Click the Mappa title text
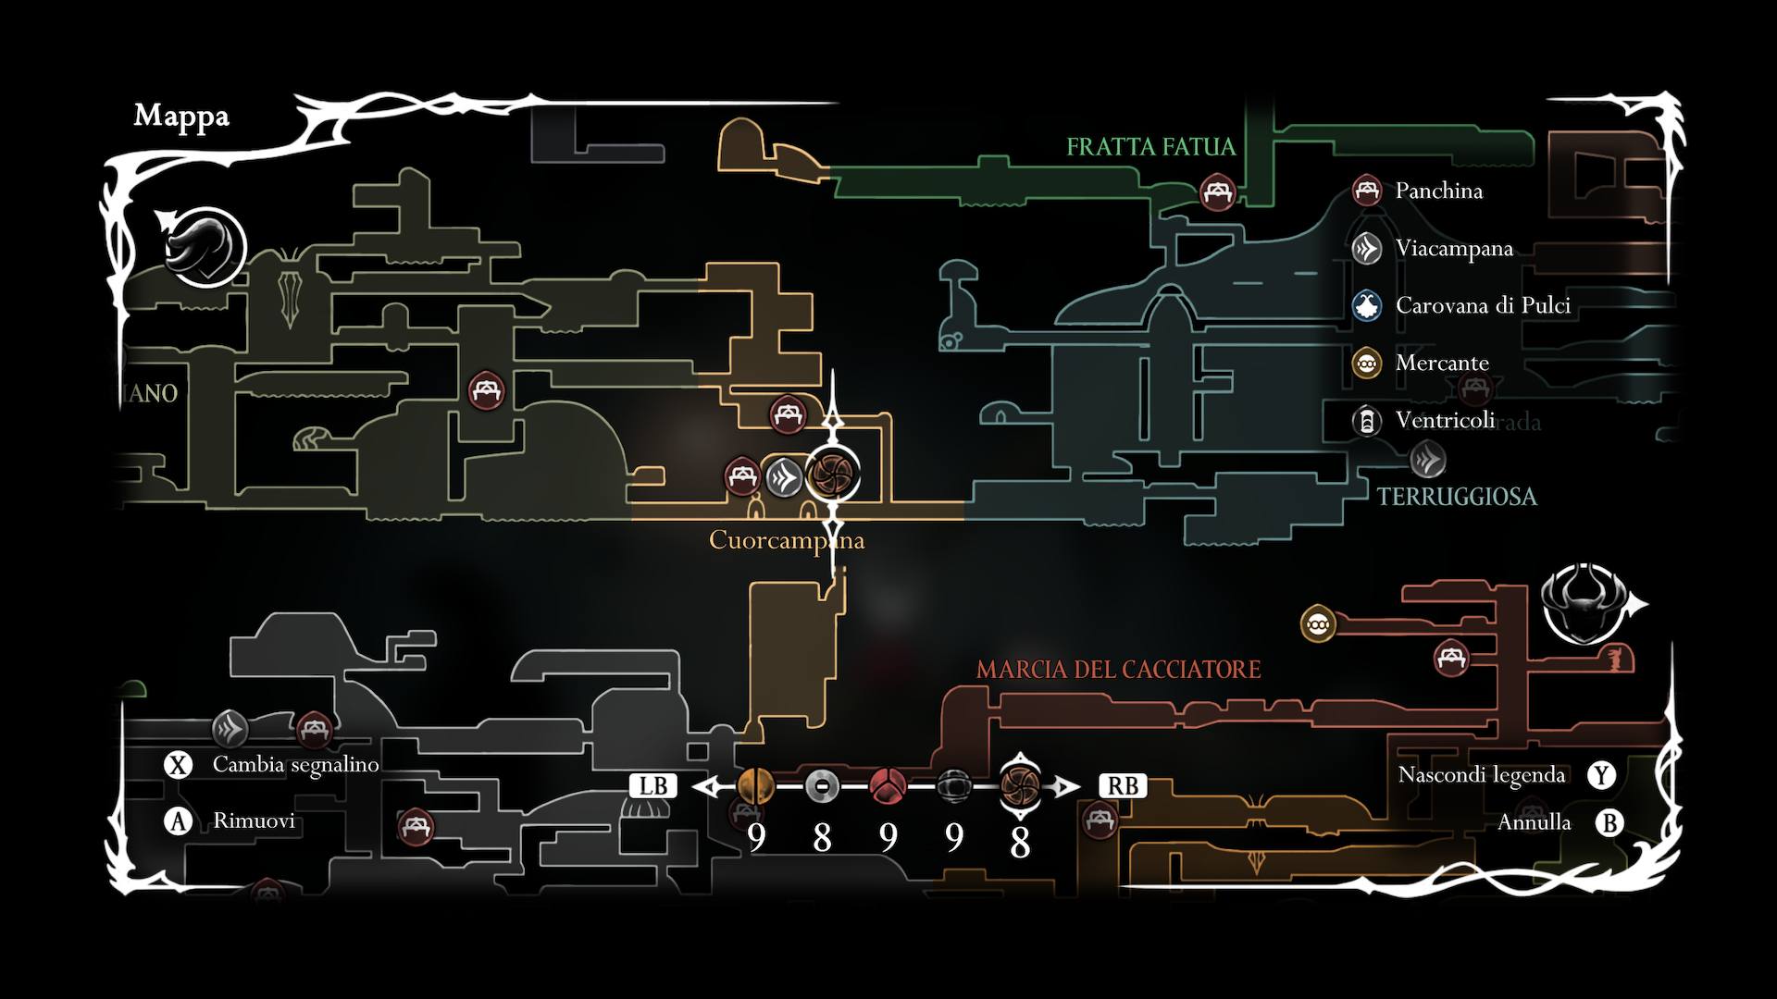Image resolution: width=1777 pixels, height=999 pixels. pos(181,117)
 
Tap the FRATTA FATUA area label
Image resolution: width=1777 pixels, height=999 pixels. pos(1150,147)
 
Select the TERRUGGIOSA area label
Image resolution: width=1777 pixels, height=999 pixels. pos(1456,497)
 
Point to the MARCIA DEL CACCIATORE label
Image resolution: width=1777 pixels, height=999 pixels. pos(1118,670)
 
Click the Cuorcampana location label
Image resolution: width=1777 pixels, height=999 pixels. pos(786,540)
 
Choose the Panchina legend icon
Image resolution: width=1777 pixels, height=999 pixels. pos(1366,191)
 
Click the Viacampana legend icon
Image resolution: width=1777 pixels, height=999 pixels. pos(1366,249)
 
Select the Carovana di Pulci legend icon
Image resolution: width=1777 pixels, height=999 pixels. pos(1366,306)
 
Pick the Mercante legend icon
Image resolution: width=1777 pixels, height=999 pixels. pos(1366,364)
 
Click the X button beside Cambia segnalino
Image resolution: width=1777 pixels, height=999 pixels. pos(178,765)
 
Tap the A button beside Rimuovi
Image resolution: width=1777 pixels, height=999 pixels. pos(178,820)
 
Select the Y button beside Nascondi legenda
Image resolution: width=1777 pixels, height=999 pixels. pos(1602,775)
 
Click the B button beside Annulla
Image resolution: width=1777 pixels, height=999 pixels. pos(1609,822)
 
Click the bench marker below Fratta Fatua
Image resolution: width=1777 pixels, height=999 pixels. pos(1217,193)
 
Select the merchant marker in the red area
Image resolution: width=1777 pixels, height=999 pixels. pos(1317,624)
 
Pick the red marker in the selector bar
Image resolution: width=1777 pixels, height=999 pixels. pos(888,786)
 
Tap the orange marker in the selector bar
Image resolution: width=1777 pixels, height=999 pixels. pos(756,786)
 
